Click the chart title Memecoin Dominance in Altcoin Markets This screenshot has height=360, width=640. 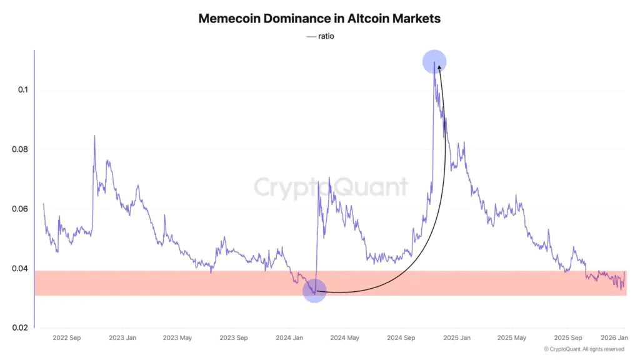click(319, 18)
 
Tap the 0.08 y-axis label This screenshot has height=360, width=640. click(20, 149)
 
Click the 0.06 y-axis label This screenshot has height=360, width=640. click(20, 209)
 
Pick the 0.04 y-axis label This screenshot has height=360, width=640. click(20, 269)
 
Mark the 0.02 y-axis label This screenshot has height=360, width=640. click(20, 328)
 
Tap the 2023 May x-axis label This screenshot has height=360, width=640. click(177, 338)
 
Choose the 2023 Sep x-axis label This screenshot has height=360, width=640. click(233, 338)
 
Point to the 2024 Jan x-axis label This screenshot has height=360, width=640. click(289, 338)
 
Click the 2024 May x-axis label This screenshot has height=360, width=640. click(344, 338)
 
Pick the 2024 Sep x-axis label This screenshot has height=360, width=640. click(401, 338)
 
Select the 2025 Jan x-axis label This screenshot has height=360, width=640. click(456, 338)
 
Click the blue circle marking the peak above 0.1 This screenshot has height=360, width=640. click(434, 62)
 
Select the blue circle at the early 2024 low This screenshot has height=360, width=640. click(314, 291)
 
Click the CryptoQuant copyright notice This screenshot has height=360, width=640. click(584, 349)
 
